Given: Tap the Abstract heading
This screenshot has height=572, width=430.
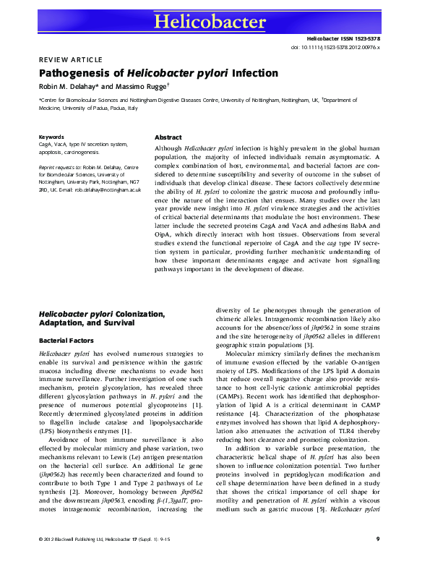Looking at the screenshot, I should [168, 137].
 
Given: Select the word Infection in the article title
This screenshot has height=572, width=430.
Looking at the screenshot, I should [254, 73].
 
